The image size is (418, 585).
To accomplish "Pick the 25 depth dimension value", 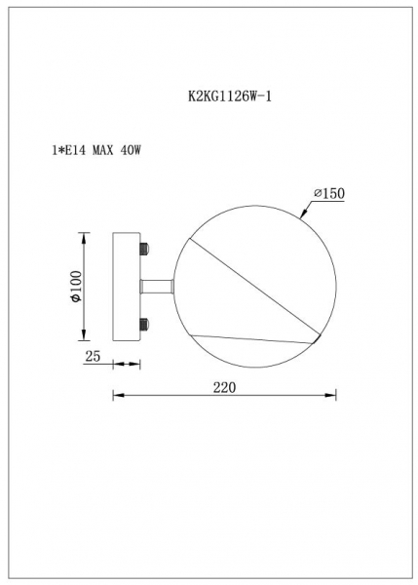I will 95,357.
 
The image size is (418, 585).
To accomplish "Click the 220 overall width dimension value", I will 224,387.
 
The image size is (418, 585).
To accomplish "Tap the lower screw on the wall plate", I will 145,324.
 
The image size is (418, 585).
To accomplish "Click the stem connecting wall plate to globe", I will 158,287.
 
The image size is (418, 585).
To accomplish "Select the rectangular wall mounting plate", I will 128,287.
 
